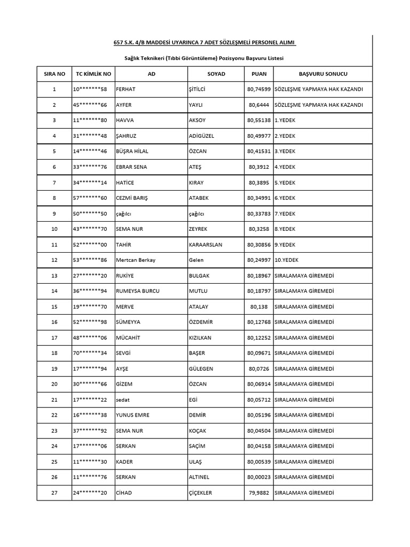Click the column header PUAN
point(258,73)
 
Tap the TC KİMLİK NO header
point(93,73)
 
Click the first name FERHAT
point(126,89)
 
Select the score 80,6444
point(259,105)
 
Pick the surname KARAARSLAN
point(206,244)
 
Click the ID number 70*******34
point(90,353)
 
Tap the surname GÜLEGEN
point(202,369)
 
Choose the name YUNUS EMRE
point(132,415)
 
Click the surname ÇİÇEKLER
point(200,493)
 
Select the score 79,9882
point(259,493)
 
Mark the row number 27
point(54,493)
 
